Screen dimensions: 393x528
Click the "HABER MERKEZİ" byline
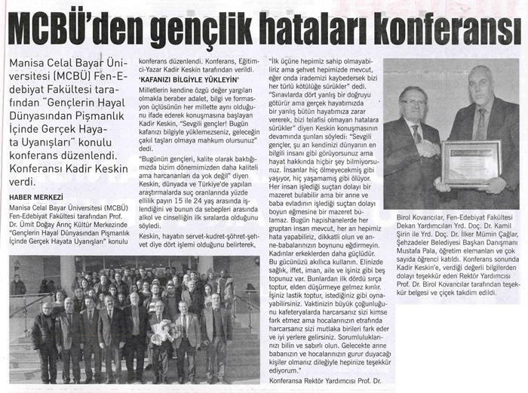[x=36, y=198]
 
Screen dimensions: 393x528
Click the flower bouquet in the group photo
[x=163, y=330]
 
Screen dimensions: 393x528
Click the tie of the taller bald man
[x=480, y=121]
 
